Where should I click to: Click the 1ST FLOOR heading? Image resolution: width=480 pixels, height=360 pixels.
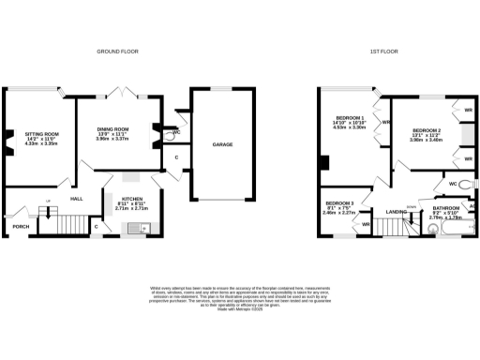387,50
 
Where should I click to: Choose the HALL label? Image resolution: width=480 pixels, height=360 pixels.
78,198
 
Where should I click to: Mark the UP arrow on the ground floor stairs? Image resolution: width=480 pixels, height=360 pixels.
49,202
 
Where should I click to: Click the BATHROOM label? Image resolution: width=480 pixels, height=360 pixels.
445,208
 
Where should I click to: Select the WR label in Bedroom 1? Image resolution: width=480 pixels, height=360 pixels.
385,122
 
